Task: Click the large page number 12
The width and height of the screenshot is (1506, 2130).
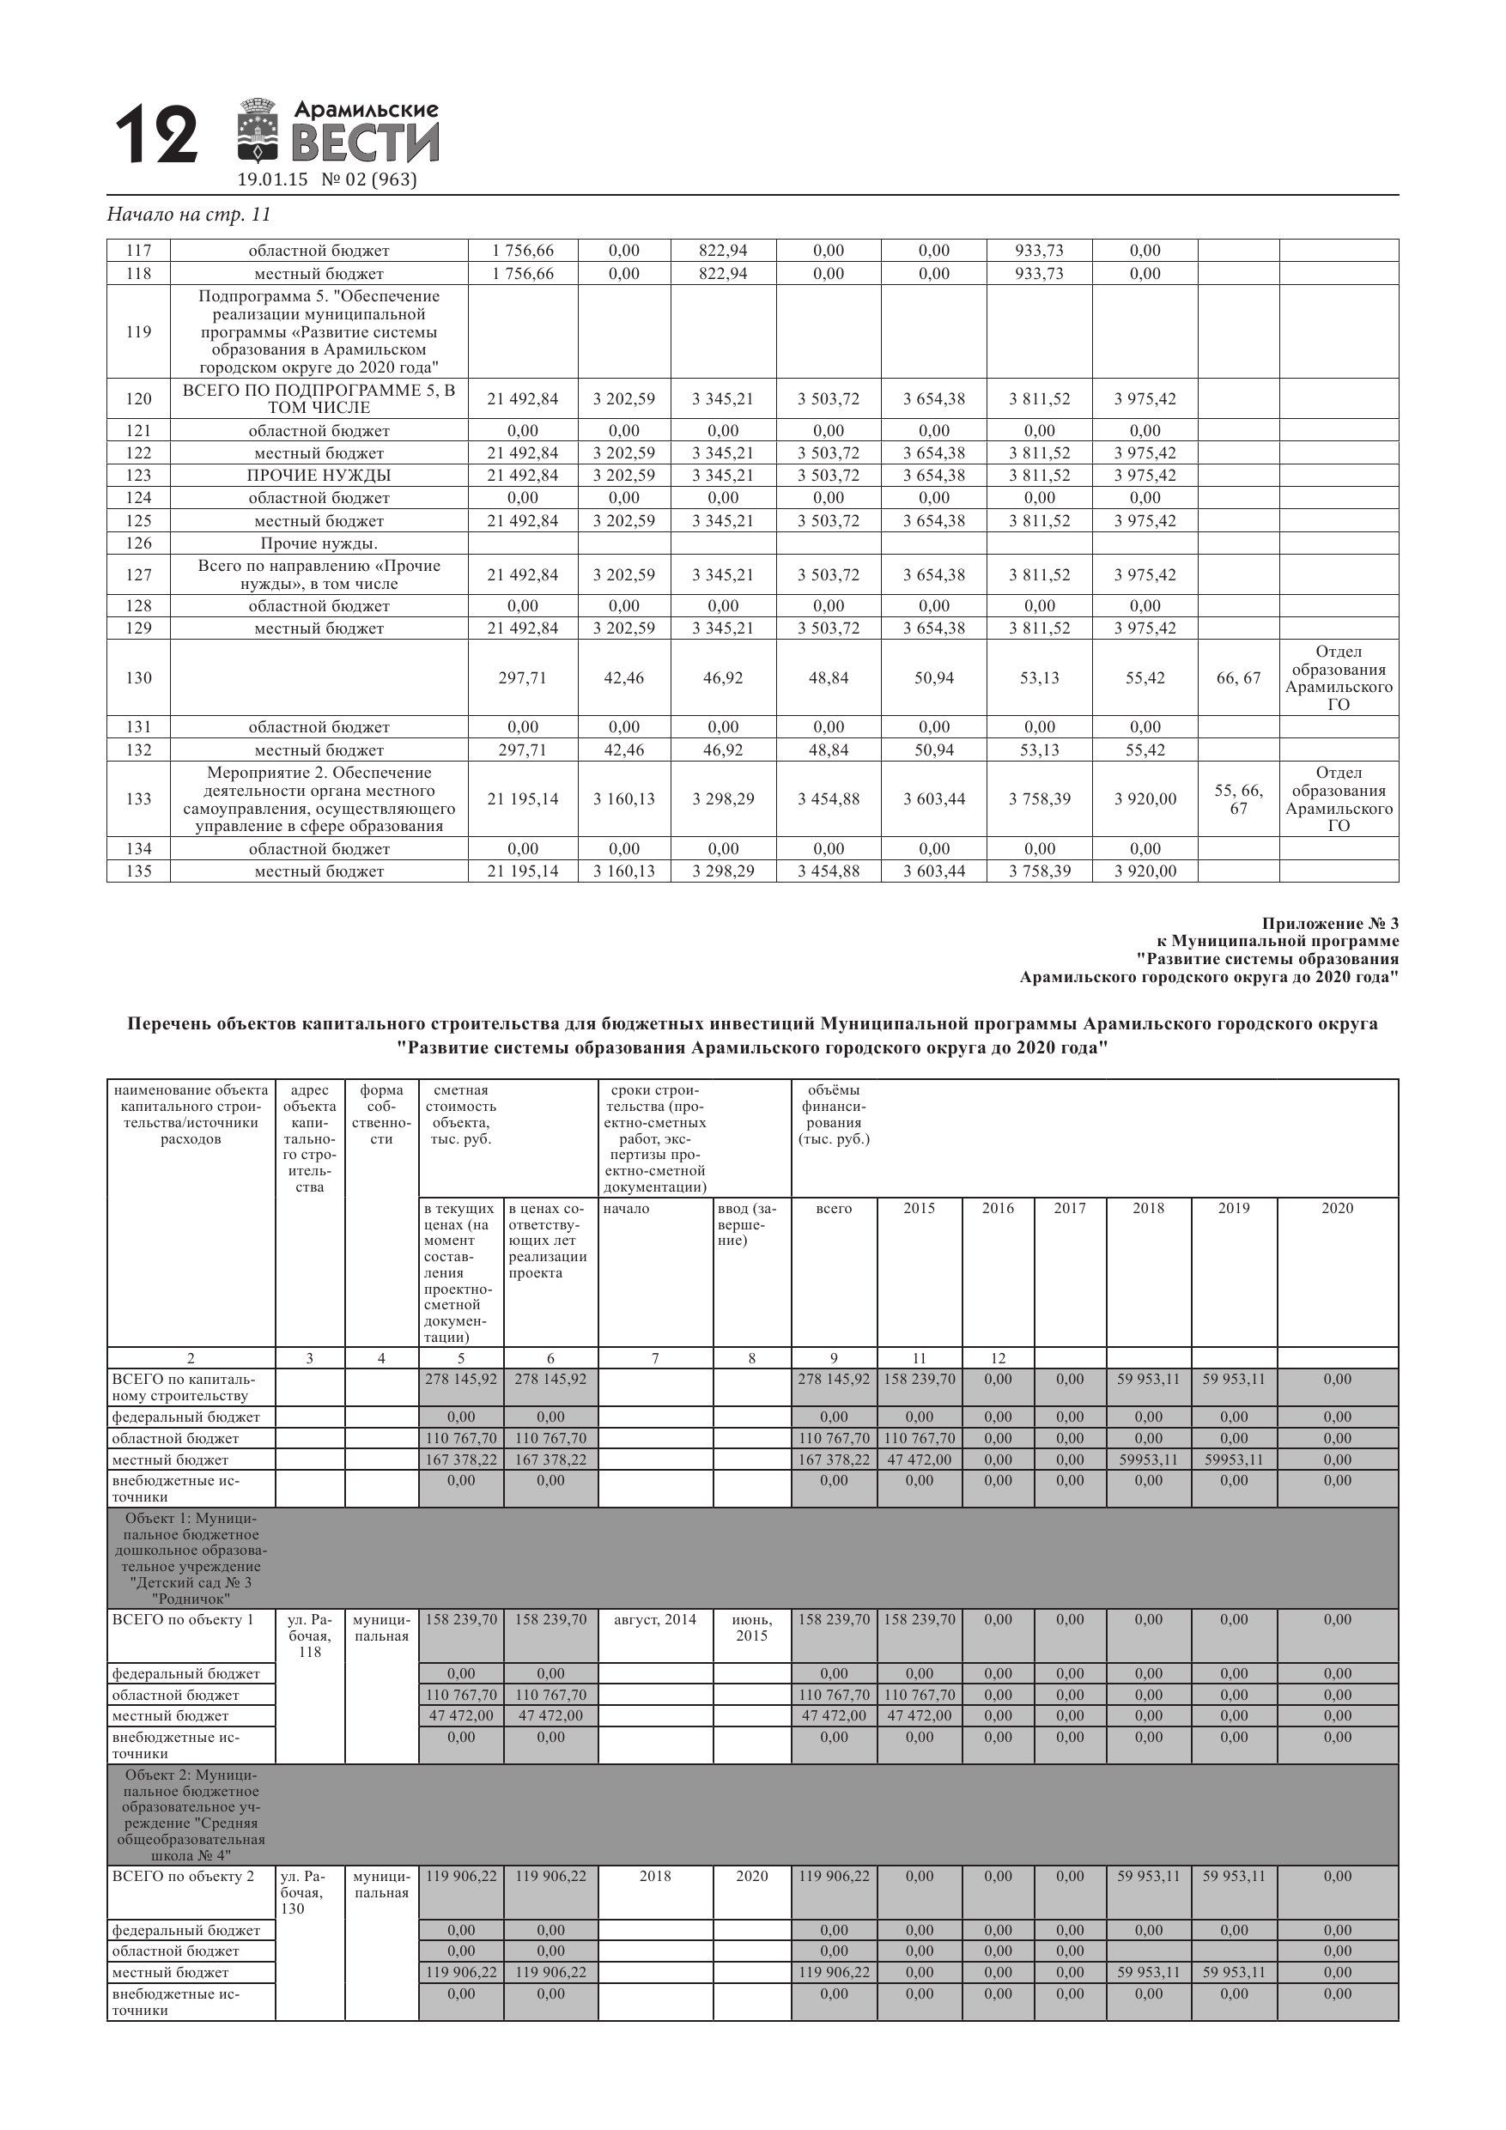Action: (x=157, y=136)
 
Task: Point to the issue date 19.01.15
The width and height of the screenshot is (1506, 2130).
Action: (x=272, y=180)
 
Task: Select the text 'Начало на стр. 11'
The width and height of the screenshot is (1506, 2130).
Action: (x=189, y=215)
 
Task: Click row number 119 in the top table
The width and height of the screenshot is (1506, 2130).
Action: (x=138, y=332)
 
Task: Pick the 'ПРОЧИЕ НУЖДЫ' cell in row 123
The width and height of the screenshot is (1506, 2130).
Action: (x=319, y=475)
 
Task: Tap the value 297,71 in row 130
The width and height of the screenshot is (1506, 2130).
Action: (x=522, y=678)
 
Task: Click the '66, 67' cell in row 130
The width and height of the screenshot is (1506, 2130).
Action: (x=1238, y=678)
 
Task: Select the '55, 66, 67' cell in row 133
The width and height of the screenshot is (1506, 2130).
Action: (x=1238, y=799)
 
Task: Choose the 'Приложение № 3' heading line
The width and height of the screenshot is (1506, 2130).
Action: (x=1330, y=923)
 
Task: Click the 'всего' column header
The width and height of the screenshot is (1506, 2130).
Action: (x=833, y=1208)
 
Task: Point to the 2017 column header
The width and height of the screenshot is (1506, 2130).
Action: (x=1069, y=1208)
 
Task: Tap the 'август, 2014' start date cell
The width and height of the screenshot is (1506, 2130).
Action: (x=655, y=1620)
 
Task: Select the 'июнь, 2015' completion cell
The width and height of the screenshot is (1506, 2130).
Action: (x=751, y=1627)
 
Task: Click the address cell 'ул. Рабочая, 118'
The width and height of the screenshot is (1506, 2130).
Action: (x=309, y=1635)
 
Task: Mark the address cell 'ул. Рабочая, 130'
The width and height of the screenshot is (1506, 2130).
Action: (x=303, y=1892)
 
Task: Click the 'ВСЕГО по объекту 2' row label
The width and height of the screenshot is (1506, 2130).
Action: (x=183, y=1876)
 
